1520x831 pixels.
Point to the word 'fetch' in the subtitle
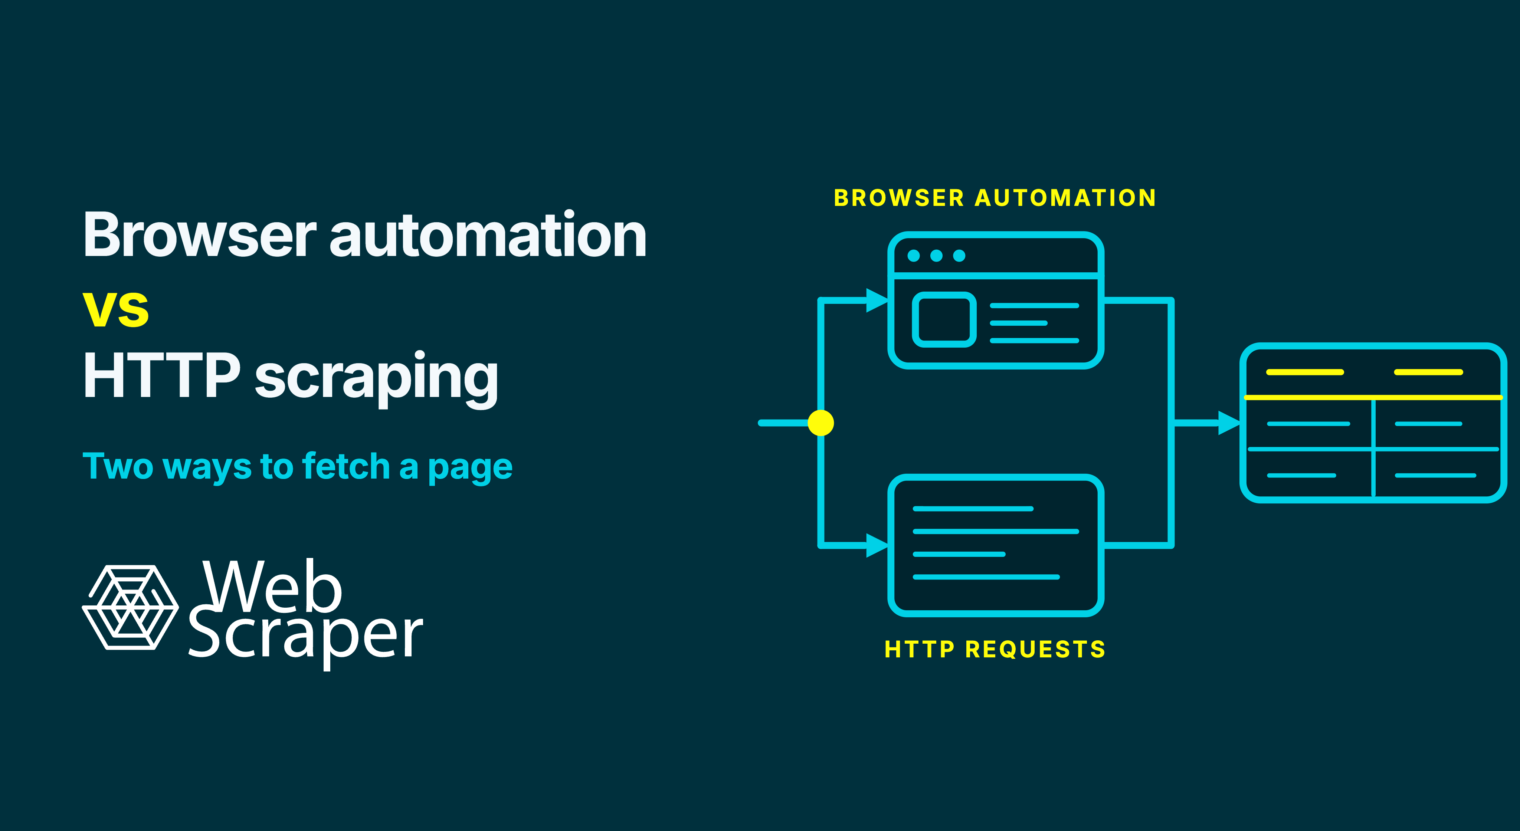pyautogui.click(x=346, y=466)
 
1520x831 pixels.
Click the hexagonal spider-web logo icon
pyautogui.click(x=130, y=607)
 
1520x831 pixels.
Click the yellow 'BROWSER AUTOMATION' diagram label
pyautogui.click(x=995, y=198)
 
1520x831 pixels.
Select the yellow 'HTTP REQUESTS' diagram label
pyautogui.click(x=995, y=649)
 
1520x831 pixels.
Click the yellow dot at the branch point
pyautogui.click(x=821, y=423)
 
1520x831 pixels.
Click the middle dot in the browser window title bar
pyautogui.click(x=936, y=255)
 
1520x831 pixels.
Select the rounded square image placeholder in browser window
pyautogui.click(x=944, y=320)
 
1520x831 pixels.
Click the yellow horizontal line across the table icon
pyautogui.click(x=1373, y=398)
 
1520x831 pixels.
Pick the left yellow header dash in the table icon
pyautogui.click(x=1305, y=372)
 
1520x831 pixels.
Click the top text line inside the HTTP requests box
pyautogui.click(x=973, y=508)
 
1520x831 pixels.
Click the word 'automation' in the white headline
pyautogui.click(x=488, y=235)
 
